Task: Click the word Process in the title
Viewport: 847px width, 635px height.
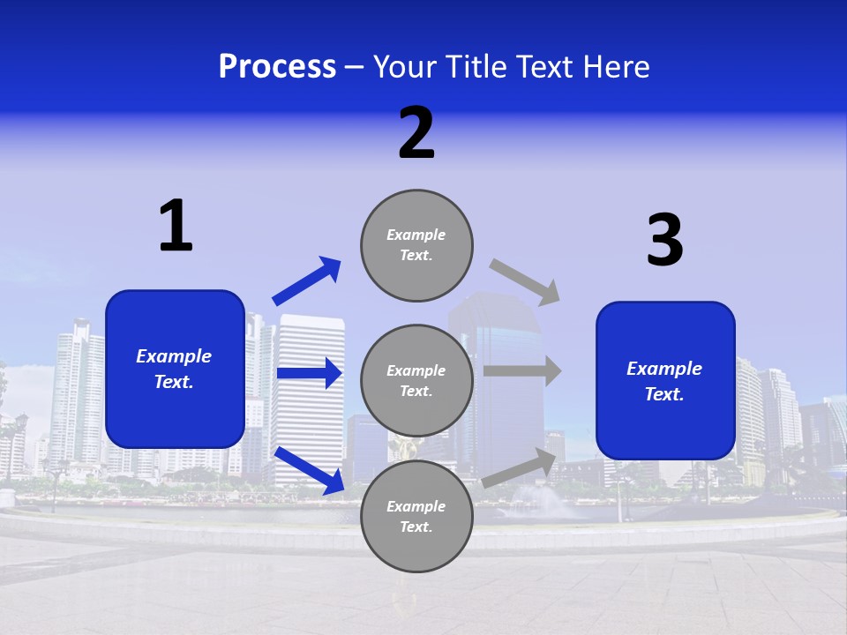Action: [x=277, y=67]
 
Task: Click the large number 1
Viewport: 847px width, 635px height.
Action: [x=176, y=227]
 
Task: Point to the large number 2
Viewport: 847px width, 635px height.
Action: [x=416, y=134]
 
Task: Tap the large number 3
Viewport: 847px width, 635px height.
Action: [x=664, y=241]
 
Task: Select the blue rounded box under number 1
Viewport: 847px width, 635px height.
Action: [x=175, y=369]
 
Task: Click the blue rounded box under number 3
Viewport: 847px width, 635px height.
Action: [x=665, y=381]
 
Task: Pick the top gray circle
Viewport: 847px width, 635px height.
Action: [x=416, y=245]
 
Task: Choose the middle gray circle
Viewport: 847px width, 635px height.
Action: [x=416, y=380]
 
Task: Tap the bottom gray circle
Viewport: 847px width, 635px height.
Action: [x=416, y=516]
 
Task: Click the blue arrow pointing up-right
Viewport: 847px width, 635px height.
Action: [x=307, y=281]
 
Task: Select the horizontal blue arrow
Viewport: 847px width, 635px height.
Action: [x=309, y=373]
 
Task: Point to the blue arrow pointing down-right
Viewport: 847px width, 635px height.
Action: [x=310, y=470]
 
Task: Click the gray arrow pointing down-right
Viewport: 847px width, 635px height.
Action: [x=525, y=281]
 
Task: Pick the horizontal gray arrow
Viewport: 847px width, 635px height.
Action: [x=522, y=370]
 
